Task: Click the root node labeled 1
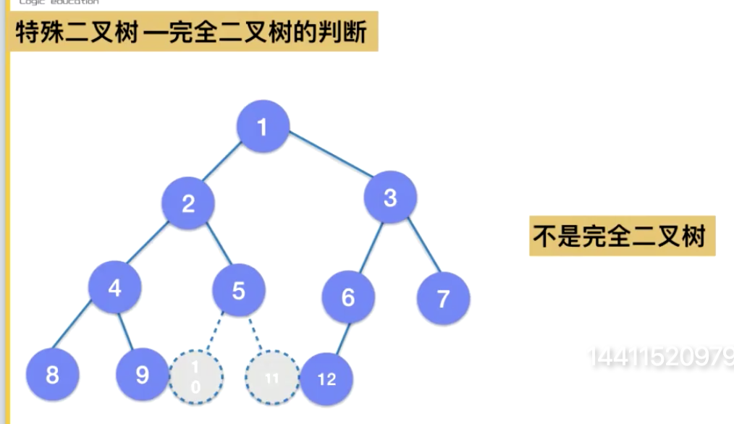tap(262, 127)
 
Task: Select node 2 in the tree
tap(188, 203)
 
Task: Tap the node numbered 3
tap(390, 198)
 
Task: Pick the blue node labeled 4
tap(115, 287)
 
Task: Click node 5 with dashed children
tap(239, 291)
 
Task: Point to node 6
tap(349, 297)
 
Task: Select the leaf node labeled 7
tap(443, 297)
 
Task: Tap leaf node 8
tap(52, 375)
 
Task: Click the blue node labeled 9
tap(142, 375)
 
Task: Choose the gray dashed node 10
tap(195, 377)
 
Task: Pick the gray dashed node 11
tap(271, 378)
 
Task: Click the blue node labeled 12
tap(326, 378)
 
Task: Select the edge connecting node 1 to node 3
tap(330, 155)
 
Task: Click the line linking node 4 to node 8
tap(83, 332)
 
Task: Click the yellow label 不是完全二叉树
tap(622, 237)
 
